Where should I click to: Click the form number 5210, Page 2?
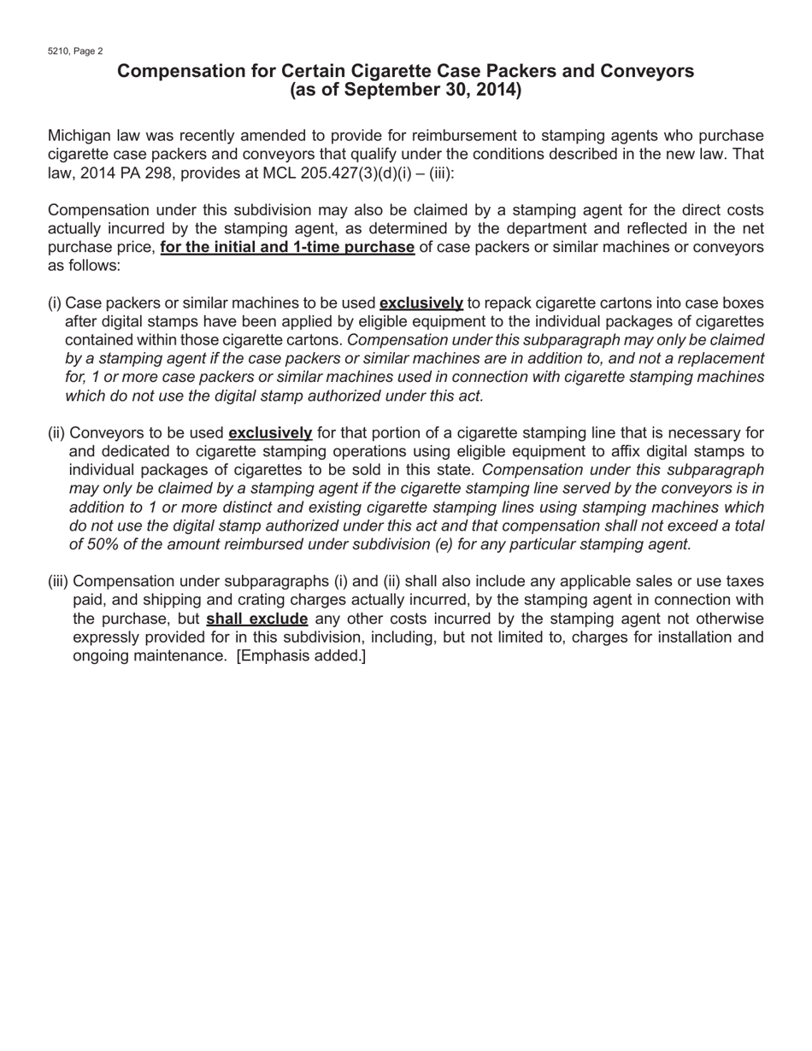[x=75, y=51]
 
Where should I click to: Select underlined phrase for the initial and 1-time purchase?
[x=287, y=247]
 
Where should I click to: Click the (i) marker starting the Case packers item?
[x=55, y=302]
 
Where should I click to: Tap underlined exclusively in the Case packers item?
[x=421, y=302]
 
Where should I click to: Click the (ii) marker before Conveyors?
[x=56, y=432]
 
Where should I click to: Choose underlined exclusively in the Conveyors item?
[x=270, y=432]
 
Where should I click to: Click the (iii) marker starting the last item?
[x=58, y=581]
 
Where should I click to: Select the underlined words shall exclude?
[x=256, y=619]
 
